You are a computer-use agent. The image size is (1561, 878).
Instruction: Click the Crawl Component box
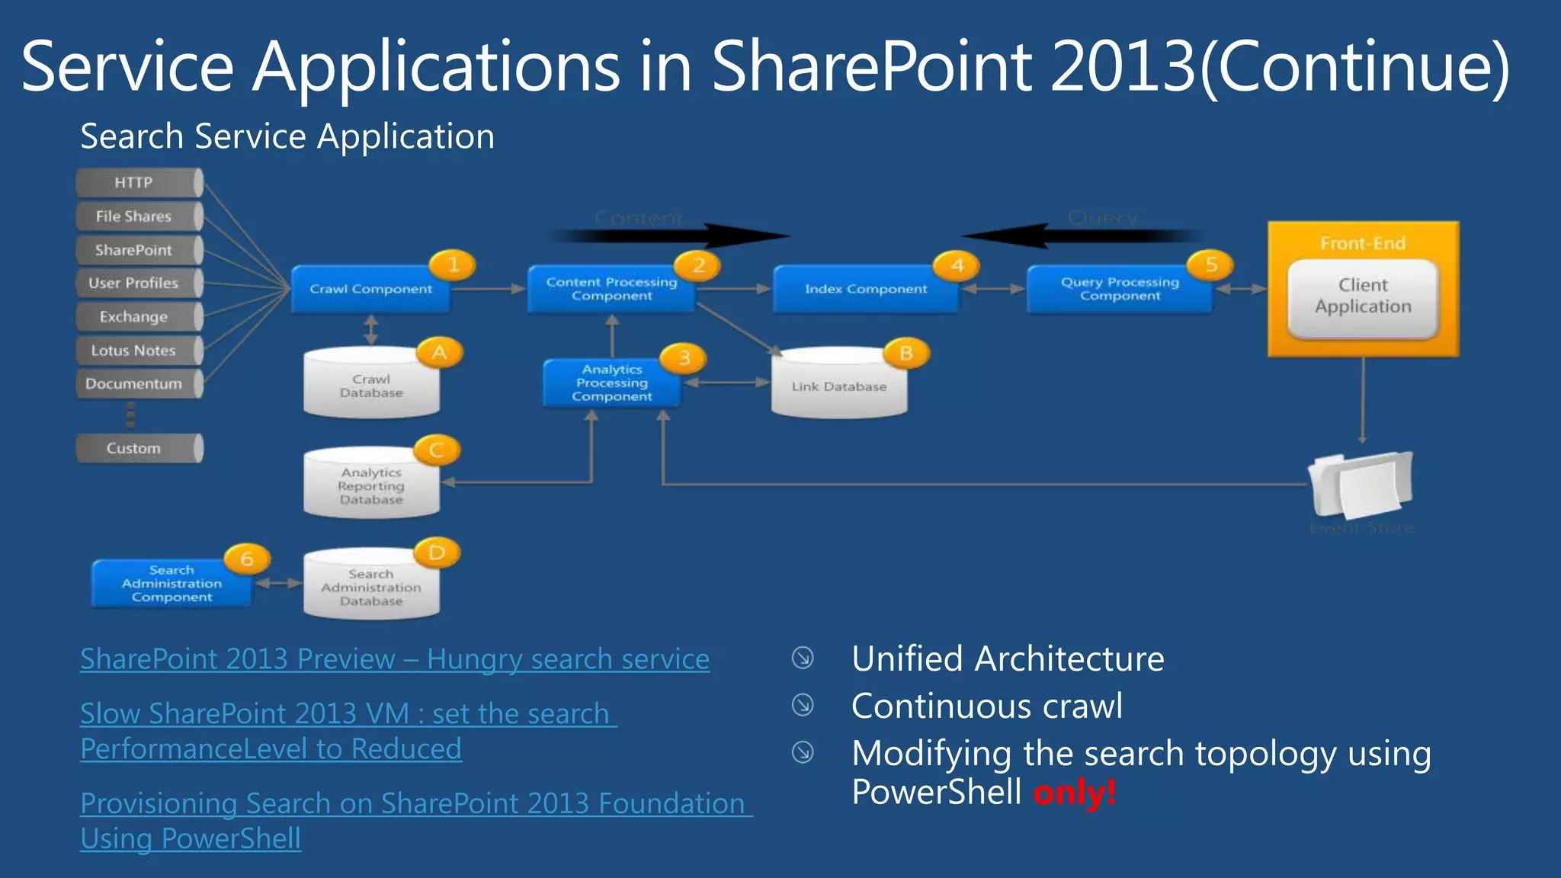tap(370, 289)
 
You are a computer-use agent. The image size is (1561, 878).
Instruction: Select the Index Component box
tap(866, 289)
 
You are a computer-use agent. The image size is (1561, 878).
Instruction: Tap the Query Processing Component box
tap(1119, 289)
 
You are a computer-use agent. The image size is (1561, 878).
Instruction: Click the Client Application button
tap(1363, 296)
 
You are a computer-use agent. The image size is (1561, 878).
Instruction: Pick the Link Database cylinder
tap(839, 386)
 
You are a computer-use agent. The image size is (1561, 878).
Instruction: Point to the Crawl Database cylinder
tap(371, 386)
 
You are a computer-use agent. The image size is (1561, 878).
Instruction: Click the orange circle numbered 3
tap(684, 357)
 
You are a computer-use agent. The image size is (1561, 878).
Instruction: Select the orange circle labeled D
tap(437, 553)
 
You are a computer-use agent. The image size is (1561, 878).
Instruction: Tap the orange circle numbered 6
tap(247, 559)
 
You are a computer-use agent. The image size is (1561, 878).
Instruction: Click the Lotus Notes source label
tap(134, 351)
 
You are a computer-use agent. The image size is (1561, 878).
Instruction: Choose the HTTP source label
tap(134, 183)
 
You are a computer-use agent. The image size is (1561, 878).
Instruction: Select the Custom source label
tap(134, 448)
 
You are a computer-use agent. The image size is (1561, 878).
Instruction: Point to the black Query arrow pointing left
tap(1082, 236)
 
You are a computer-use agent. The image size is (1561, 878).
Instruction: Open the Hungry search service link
tap(395, 659)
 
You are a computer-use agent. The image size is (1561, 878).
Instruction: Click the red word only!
tap(1075, 793)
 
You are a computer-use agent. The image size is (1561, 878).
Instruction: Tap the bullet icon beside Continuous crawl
tap(803, 705)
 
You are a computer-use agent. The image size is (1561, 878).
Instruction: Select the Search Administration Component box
tap(171, 584)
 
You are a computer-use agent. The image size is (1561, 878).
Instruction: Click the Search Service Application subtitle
tap(287, 137)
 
